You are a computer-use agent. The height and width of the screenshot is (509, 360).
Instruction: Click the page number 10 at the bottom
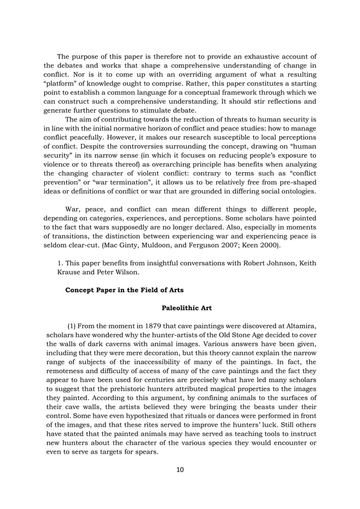tap(180, 469)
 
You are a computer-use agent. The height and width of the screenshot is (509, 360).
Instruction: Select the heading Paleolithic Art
tap(187, 308)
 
